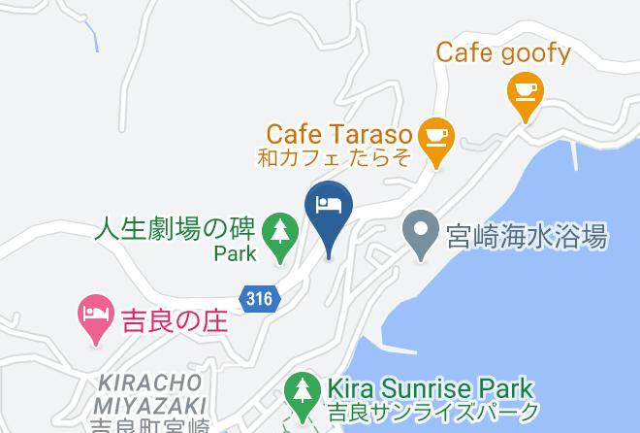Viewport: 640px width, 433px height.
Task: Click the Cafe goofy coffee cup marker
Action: [x=526, y=94]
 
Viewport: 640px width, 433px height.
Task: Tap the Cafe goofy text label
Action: [x=502, y=51]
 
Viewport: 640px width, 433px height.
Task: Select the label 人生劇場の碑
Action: [x=175, y=230]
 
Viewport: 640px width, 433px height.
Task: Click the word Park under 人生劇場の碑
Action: [x=236, y=255]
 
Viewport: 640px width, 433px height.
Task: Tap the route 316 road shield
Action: [x=259, y=299]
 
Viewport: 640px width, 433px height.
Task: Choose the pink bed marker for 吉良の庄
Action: [x=93, y=316]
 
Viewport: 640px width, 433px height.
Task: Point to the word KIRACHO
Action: [x=152, y=381]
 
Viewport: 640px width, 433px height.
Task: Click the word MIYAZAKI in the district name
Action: [x=150, y=403]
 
